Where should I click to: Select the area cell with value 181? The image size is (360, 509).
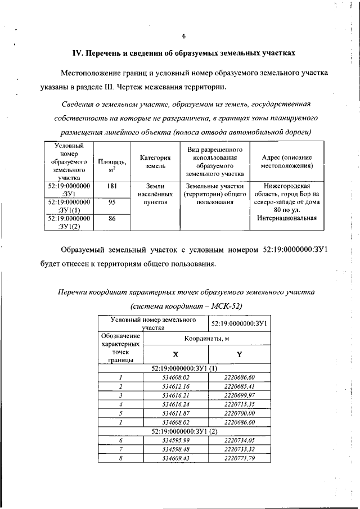point(111,185)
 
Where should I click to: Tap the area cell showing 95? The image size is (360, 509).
point(111,201)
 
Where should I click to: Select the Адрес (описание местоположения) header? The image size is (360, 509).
point(287,161)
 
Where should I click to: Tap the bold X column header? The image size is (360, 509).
point(175,355)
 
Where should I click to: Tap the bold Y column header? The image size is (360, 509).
point(239,355)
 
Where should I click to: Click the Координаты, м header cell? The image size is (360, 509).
point(207,339)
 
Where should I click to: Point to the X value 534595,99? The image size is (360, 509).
point(175,440)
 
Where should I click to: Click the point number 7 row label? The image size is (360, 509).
point(120,449)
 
